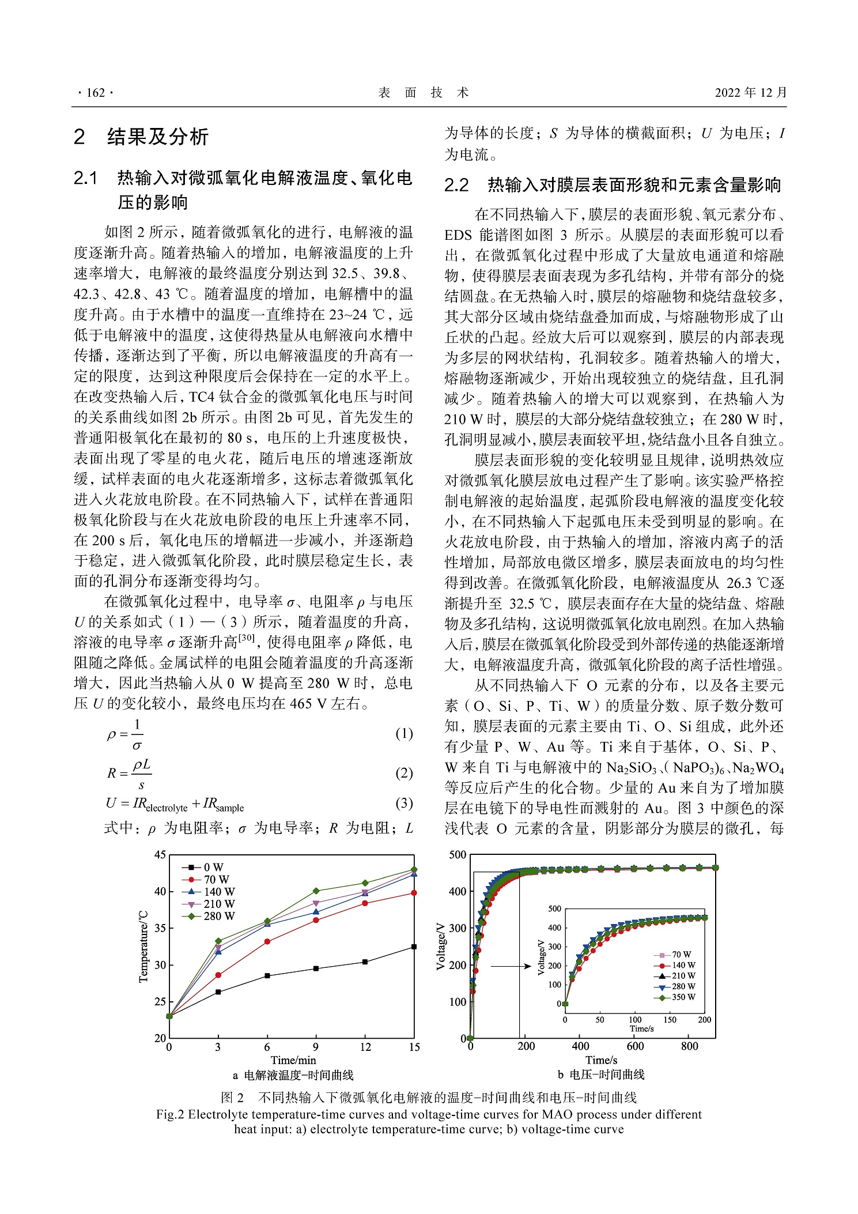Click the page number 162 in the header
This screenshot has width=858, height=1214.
click(x=95, y=93)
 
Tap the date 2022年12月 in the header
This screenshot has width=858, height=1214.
click(x=750, y=93)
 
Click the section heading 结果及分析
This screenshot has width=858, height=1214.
click(x=157, y=137)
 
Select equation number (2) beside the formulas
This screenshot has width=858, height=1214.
click(x=404, y=773)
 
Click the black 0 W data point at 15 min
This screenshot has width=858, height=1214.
click(x=414, y=947)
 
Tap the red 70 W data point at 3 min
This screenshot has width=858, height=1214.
click(x=218, y=975)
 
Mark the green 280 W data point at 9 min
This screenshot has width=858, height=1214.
click(x=316, y=891)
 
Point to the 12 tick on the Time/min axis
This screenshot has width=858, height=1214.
click(x=365, y=1047)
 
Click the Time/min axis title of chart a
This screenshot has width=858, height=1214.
click(x=293, y=1060)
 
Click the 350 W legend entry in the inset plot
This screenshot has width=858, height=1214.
click(x=683, y=997)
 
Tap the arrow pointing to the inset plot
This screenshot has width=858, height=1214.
click(x=511, y=966)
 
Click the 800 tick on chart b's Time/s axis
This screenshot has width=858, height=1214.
click(x=689, y=1046)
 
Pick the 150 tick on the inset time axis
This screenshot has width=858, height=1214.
click(x=670, y=1019)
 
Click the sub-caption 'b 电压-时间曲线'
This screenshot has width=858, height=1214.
click(x=601, y=1074)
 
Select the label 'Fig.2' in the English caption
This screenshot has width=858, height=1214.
click(x=170, y=1114)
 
